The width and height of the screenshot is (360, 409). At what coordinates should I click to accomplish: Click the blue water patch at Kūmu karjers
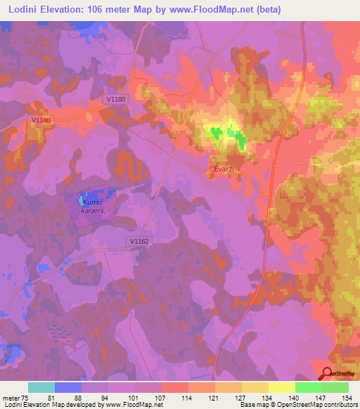[92, 195]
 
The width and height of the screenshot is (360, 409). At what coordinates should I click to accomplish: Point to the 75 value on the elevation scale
[25, 397]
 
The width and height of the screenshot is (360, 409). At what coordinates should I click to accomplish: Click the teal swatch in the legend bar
[41, 387]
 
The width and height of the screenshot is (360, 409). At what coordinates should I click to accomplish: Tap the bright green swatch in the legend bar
[309, 387]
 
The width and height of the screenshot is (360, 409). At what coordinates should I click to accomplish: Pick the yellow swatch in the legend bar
[282, 387]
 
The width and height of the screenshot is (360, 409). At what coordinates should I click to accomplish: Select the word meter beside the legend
[10, 397]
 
